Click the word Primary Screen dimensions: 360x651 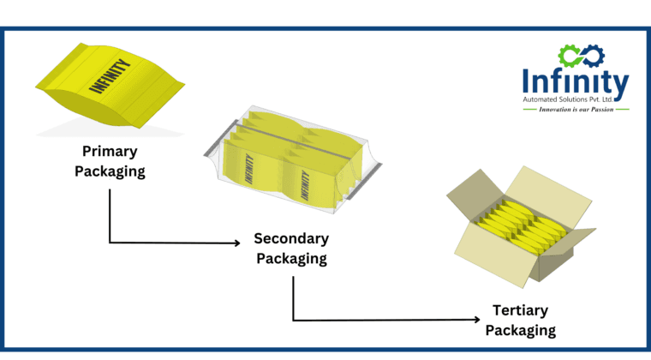pyautogui.click(x=109, y=152)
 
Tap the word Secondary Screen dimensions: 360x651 pyautogui.click(x=291, y=239)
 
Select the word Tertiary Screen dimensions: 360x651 pyautogui.click(x=520, y=310)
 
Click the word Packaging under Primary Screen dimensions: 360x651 pyautogui.click(x=109, y=171)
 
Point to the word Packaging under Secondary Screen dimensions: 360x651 pyautogui.click(x=291, y=258)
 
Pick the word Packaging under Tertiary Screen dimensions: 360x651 pyautogui.click(x=520, y=329)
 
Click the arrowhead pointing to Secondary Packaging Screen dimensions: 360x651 pyautogui.click(x=236, y=243)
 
